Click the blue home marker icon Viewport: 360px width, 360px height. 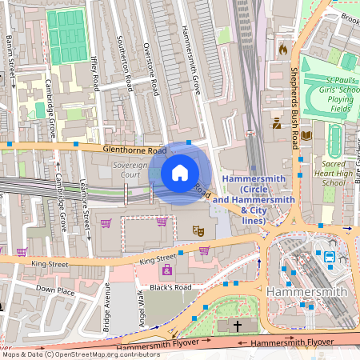(180, 173)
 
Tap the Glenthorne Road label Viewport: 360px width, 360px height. (134, 150)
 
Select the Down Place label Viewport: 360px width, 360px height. (54, 289)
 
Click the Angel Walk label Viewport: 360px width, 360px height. (139, 306)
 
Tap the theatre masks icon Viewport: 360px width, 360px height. (198, 230)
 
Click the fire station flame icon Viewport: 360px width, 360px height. (282, 50)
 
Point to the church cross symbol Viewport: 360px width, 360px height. (238, 326)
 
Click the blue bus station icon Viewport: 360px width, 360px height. (329, 257)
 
